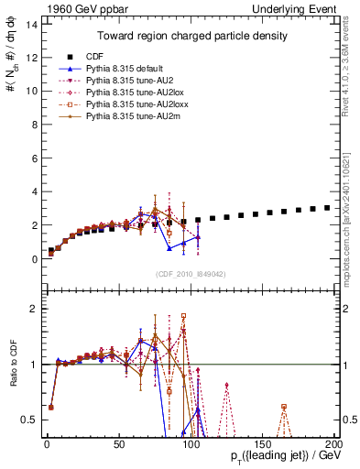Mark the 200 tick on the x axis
click(334, 446)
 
